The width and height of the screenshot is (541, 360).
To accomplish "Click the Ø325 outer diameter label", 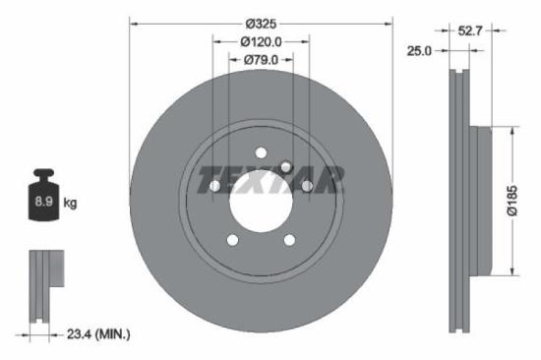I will tap(262, 23).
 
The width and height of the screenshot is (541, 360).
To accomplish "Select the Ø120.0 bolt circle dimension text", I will tap(262, 41).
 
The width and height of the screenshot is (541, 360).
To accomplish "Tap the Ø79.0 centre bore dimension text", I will tap(262, 59).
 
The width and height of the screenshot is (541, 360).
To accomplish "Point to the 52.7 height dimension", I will tap(471, 30).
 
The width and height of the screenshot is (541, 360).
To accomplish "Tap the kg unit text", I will tap(70, 203).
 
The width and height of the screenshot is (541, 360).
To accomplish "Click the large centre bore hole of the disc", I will tap(261, 197).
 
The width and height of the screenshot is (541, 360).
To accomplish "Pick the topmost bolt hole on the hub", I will tap(262, 150).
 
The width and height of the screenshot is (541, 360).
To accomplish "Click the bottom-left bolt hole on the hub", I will tap(232, 239).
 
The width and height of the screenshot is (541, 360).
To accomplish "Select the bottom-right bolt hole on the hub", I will tap(289, 239).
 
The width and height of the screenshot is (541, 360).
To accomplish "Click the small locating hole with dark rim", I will tap(285, 166).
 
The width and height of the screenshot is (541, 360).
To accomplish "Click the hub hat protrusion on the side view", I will tap(484, 201).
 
